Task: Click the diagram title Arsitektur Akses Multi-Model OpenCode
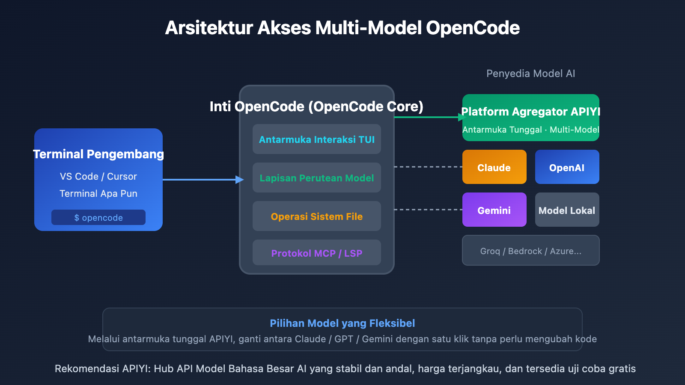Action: [x=342, y=28]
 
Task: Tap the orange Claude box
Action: [x=494, y=167]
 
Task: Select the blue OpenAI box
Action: [x=567, y=167]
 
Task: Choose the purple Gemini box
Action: [x=494, y=210]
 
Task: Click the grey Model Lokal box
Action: [x=567, y=210]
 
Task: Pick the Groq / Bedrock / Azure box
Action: [x=530, y=251]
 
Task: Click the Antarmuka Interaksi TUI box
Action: [x=316, y=139]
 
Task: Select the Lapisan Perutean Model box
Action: [x=316, y=178]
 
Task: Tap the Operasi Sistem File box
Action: [x=316, y=216]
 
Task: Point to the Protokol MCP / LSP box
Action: [x=316, y=253]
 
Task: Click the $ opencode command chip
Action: [x=98, y=217]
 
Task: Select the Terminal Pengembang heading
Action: [x=98, y=154]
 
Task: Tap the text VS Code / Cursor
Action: [x=98, y=176]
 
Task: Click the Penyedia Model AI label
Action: [x=530, y=74]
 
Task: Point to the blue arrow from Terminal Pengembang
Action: [x=201, y=180]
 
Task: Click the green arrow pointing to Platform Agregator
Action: [x=428, y=117]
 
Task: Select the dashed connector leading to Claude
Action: [x=428, y=167]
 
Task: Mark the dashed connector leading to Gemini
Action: [x=428, y=210]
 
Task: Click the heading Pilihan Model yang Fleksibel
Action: [x=342, y=323]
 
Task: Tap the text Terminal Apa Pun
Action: [x=98, y=193]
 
